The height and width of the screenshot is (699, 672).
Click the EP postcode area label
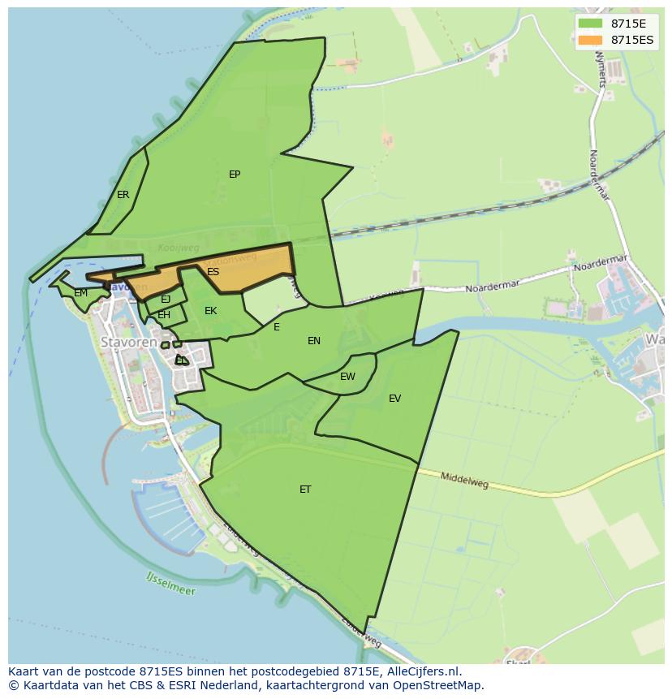pos(235,175)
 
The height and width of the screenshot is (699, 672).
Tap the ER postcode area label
pos(123,195)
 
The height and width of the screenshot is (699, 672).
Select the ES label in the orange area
pos(213,272)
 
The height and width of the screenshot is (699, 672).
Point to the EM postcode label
pos(80,293)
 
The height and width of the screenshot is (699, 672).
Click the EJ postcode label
pos(166,300)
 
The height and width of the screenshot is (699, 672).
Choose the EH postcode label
pos(164,315)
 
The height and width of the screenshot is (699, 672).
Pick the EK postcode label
pos(210,311)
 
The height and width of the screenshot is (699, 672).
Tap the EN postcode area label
pos(314,341)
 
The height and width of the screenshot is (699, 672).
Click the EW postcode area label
pos(347,377)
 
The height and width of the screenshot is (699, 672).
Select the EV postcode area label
pos(394,399)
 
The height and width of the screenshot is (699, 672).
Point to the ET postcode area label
pos(305,490)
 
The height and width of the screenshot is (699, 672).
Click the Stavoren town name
pos(127,342)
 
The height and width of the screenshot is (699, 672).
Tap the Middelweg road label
pos(464,481)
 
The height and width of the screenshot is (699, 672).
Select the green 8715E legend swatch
pos(590,24)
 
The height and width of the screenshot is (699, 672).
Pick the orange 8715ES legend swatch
pos(590,40)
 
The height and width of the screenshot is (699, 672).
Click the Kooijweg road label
pos(178,246)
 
